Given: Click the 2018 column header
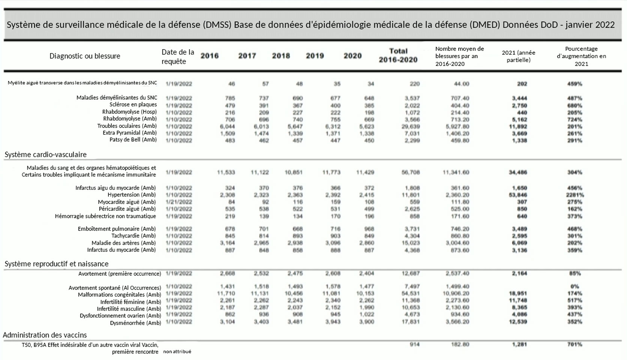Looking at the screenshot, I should (x=281, y=56).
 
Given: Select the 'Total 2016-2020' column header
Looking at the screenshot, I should (x=398, y=55).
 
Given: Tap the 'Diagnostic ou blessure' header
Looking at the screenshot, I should (x=85, y=56).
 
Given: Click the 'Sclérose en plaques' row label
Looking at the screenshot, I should (x=133, y=105).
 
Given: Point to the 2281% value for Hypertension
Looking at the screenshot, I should (x=574, y=195).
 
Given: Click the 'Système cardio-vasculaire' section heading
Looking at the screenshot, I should (x=45, y=154).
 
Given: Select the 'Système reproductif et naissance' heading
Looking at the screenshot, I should (x=56, y=264).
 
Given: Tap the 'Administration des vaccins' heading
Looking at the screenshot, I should (x=45, y=335).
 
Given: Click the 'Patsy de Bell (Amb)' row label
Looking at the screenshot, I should (x=133, y=140).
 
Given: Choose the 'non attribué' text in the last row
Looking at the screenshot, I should (x=177, y=352).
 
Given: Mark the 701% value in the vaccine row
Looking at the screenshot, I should (x=574, y=344).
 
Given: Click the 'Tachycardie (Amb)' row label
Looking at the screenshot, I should (x=133, y=236).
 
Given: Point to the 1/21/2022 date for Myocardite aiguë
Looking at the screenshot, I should (x=179, y=202).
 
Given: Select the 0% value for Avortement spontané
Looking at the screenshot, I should (x=574, y=286).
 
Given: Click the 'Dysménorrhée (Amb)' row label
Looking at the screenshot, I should (x=135, y=323).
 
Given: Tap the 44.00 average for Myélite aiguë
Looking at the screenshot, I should (x=461, y=84).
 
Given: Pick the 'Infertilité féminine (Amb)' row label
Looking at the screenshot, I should (x=130, y=302).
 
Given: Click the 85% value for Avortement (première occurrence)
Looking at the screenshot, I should (x=574, y=273).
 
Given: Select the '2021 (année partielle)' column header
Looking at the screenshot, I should (x=518, y=56).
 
